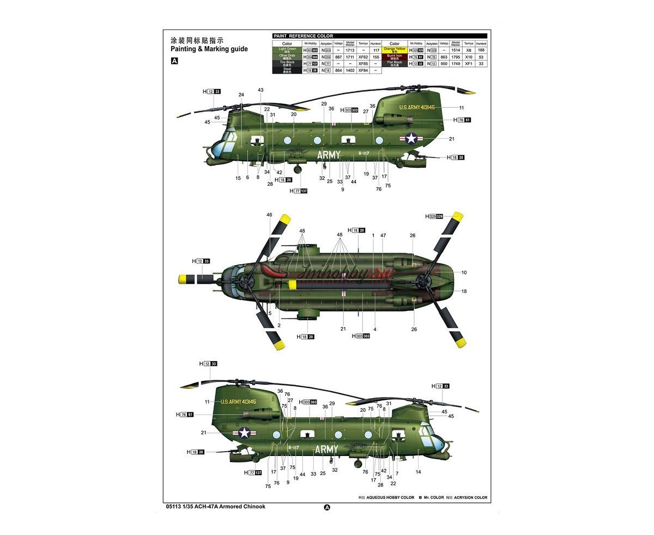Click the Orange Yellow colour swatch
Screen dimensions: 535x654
tap(395, 50)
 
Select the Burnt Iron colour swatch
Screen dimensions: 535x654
tap(395, 57)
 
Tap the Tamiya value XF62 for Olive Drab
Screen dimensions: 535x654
tap(364, 57)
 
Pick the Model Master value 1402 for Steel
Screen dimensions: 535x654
tap(350, 70)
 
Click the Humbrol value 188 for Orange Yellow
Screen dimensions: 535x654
tap(481, 50)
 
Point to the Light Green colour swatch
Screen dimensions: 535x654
tap(287, 50)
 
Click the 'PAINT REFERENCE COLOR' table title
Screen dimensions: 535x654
tap(304, 36)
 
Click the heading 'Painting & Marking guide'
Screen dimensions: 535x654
tap(209, 49)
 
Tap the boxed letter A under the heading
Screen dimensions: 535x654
tap(174, 61)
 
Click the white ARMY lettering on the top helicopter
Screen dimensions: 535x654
tap(329, 155)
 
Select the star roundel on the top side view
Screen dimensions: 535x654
tap(411, 138)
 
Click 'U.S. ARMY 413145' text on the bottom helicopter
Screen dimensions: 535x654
tap(238, 402)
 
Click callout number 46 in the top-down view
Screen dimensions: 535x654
tap(269, 215)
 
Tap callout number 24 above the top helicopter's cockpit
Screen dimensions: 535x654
tap(241, 95)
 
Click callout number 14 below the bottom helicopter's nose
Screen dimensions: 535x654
tap(418, 472)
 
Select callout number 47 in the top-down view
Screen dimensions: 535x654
tap(383, 235)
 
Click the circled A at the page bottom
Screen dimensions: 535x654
tap(327, 507)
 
